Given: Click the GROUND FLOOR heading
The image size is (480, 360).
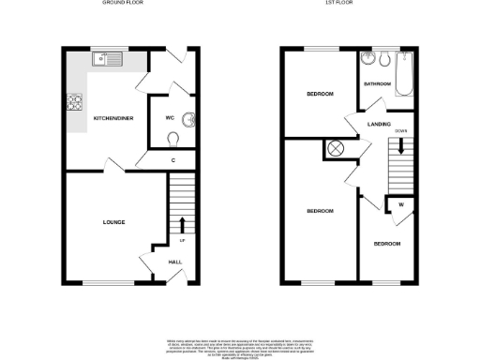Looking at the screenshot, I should coord(117,4).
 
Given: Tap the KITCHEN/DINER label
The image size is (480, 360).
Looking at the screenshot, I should coord(112,118).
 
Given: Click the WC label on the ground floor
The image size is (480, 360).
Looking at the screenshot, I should coord(171,118).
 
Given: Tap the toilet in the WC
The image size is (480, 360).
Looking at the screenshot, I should coord(173,139).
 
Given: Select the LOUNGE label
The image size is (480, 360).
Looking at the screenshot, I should coord(114,222).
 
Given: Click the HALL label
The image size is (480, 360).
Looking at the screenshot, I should coord(175,262).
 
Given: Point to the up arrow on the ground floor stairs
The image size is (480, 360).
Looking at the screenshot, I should coord(181,223).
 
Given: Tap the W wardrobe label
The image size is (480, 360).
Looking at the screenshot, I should coord(400,206).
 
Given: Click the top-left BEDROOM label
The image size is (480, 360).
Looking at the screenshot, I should coord(320,95).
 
